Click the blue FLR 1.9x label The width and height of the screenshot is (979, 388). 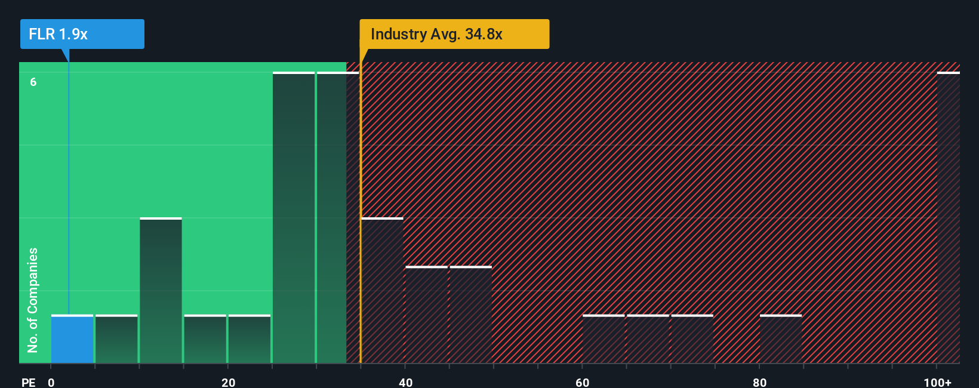82,34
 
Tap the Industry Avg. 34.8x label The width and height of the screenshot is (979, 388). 454,34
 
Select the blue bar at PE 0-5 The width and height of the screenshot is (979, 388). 72,339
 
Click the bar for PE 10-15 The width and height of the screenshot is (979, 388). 161,291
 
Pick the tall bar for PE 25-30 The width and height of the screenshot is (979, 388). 294,218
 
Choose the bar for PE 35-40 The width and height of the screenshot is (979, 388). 382,291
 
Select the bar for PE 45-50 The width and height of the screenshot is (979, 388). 470,315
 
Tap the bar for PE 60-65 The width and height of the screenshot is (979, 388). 604,339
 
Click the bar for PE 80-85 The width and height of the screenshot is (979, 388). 780,339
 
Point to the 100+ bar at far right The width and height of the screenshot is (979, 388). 948,218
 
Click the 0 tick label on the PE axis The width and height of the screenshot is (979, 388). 51,382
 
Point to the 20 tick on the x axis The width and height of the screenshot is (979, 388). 228,382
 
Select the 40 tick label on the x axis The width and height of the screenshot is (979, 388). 405,382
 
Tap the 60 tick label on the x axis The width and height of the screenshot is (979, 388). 583,382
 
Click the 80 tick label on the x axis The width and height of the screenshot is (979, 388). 759,382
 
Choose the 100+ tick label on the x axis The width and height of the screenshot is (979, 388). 937,382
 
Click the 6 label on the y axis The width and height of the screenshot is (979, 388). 33,82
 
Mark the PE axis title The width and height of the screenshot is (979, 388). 28,382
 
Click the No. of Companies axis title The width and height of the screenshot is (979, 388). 32,300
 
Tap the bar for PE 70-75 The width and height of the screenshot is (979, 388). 692,339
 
